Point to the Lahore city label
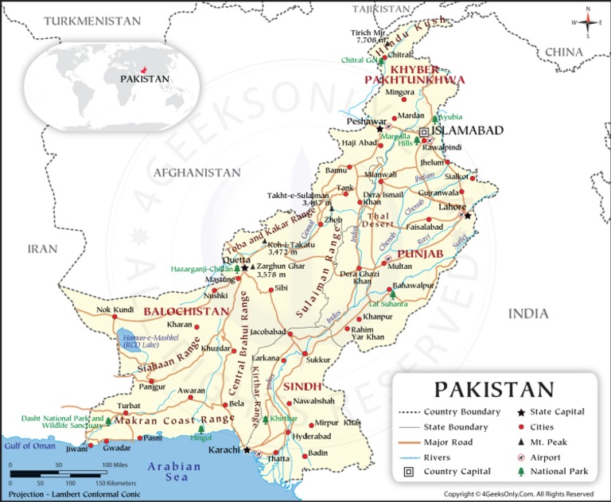point(452,207)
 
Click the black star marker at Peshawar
point(380,128)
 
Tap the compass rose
point(588,23)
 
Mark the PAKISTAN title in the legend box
point(493,390)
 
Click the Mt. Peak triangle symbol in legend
point(520,442)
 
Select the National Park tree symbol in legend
point(520,472)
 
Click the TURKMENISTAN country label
point(87,21)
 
